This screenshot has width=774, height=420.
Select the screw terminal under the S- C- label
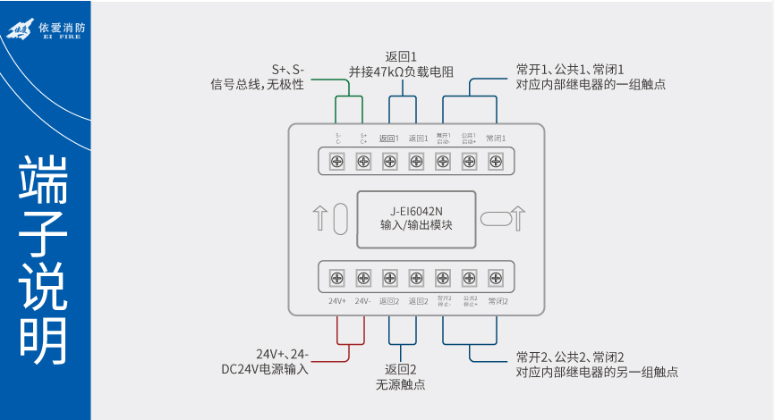pos(337,162)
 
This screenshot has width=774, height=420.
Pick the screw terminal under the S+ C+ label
pos(363,162)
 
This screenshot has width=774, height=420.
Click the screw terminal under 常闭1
pos(495,162)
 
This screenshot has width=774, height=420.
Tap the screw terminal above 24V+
pos(337,277)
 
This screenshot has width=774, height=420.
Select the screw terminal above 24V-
pos(363,277)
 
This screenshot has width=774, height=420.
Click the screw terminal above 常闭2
pos(495,277)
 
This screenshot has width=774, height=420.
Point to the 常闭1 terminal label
pos(496,139)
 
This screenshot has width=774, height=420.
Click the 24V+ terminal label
pos(337,301)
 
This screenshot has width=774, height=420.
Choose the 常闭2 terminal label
pos(498,301)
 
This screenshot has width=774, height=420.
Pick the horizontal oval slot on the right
pos(493,219)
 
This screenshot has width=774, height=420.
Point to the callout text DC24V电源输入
pos(264,369)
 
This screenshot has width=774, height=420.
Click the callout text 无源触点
pos(401,385)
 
